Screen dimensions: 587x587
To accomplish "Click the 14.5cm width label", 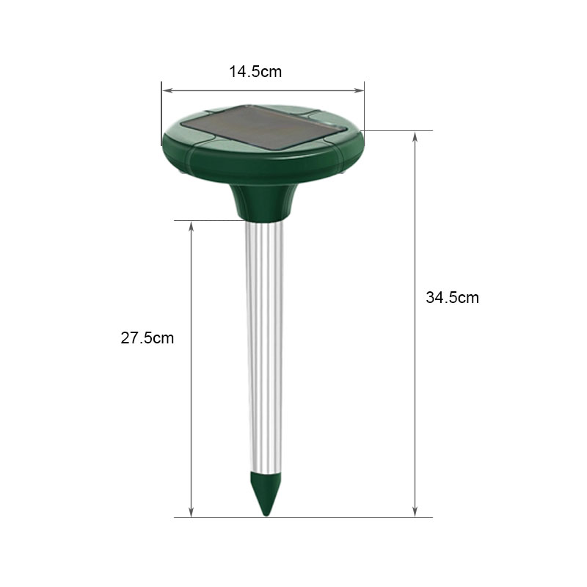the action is point(255,71).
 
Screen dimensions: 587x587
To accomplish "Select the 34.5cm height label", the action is point(452,298).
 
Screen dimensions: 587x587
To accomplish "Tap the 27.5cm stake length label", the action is point(147,338).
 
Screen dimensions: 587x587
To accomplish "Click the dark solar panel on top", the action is point(263,128).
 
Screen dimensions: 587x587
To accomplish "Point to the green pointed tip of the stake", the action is point(266,493).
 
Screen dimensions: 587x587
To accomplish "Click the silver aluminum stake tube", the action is point(264,346).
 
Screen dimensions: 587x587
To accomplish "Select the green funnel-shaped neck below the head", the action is point(264,203).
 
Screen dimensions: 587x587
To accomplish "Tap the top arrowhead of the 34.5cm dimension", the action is point(415,136).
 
